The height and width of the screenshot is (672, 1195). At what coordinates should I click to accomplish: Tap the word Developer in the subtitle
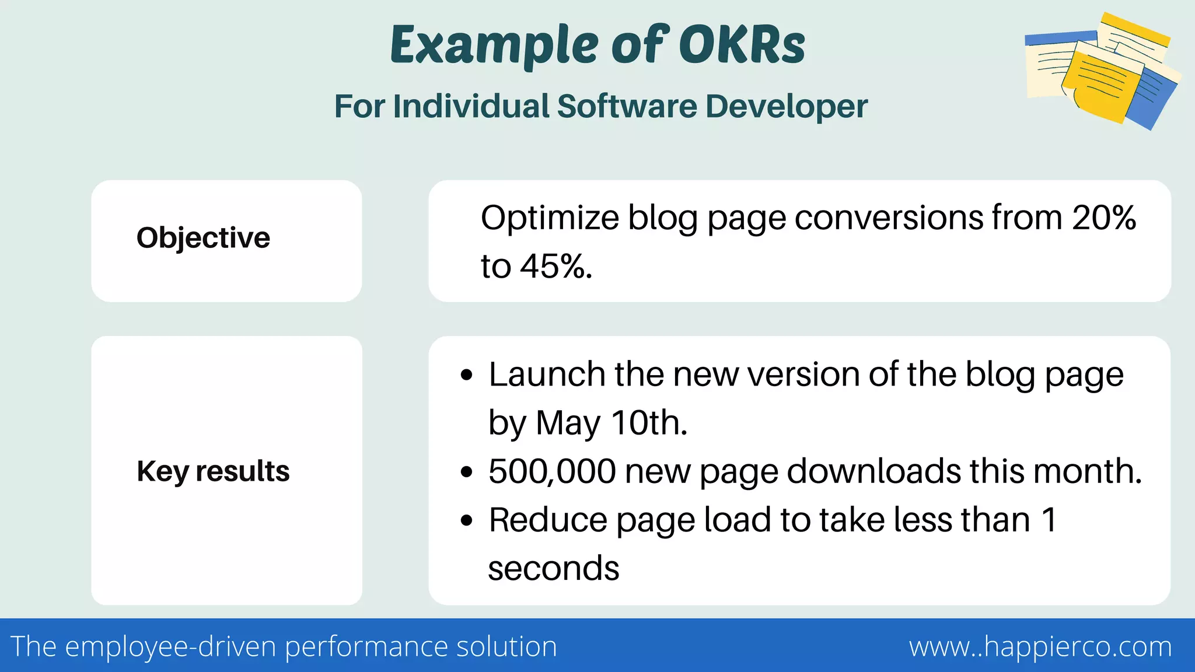click(x=786, y=106)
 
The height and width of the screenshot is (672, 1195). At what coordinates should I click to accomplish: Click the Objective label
click(x=203, y=238)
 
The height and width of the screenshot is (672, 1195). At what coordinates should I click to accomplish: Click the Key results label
click(x=213, y=471)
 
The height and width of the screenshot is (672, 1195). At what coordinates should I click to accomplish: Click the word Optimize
click(x=549, y=219)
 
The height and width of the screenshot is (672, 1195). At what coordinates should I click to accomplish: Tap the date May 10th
click(x=611, y=423)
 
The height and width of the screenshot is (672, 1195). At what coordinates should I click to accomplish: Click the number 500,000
click(x=552, y=471)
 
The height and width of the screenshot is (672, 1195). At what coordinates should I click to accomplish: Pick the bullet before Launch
click(x=466, y=375)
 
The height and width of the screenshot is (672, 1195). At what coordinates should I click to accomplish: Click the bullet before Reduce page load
click(x=466, y=520)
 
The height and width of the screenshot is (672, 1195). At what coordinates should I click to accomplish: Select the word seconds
click(x=553, y=569)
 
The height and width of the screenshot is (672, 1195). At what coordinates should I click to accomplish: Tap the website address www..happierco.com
click(x=1040, y=646)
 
